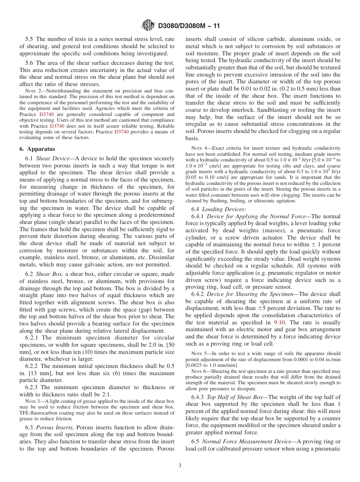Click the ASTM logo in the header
148,25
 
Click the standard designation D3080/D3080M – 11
189,26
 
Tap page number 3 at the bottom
180,465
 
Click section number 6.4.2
198,294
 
